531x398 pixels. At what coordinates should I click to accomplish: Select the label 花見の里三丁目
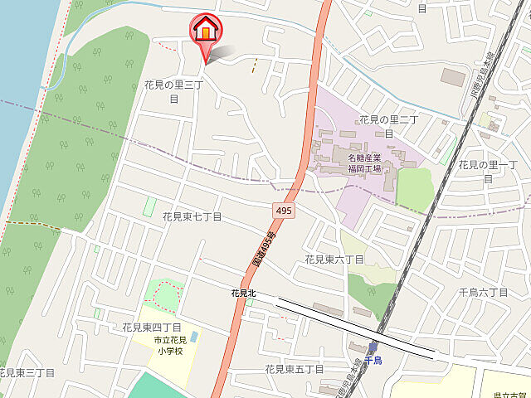pos(173,91)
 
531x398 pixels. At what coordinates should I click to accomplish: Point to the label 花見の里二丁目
pos(388,126)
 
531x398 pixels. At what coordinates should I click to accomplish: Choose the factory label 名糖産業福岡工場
pos(364,163)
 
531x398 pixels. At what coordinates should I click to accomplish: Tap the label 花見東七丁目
pos(192,216)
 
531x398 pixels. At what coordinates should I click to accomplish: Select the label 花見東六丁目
pos(334,260)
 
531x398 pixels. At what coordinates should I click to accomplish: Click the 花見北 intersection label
pos(244,293)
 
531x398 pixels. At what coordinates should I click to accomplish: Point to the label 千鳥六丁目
pos(484,293)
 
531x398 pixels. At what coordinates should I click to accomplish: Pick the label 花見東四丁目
pos(152,328)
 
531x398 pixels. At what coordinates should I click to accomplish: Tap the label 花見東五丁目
pos(295,368)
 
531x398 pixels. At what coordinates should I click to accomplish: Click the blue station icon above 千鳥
pos(373,347)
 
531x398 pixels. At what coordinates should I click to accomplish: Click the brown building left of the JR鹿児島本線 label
pos(454,77)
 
